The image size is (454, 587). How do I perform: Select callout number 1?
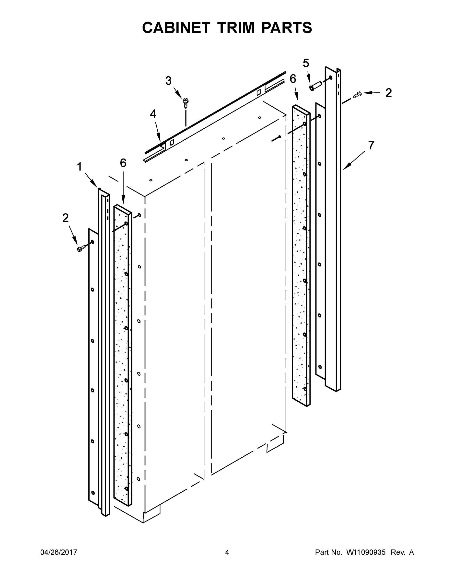coord(79,167)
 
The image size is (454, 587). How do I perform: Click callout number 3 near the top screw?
coord(168,81)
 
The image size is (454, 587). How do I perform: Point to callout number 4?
coord(153,114)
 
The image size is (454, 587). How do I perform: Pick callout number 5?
coord(306,63)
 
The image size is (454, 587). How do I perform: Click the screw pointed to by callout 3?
coord(185,103)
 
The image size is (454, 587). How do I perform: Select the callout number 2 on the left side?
coord(65,218)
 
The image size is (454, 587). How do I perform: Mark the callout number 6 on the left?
coord(123,163)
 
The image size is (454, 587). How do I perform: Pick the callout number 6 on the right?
coord(293,79)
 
